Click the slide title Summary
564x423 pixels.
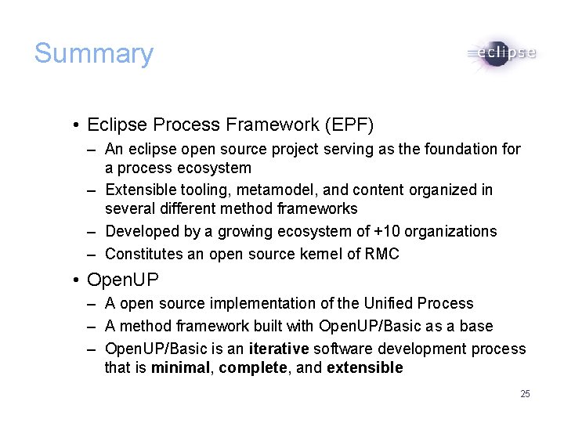coord(93,53)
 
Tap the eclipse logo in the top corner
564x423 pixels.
coord(501,54)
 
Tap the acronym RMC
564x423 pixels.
coord(382,254)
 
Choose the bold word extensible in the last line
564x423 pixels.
coord(364,368)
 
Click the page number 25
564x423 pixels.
coord(525,393)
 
